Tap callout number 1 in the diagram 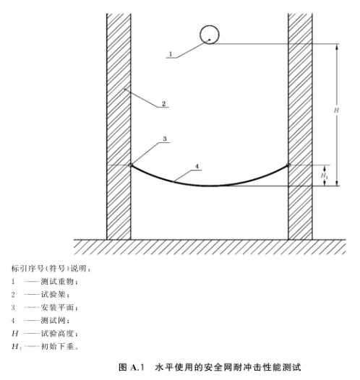click(171, 53)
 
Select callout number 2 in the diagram click(164, 104)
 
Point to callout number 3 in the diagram click(165, 139)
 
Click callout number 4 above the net click(197, 166)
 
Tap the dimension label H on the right click(336, 111)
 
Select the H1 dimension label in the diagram click(325, 176)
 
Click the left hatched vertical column click(119, 126)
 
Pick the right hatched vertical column click(300, 126)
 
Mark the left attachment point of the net click(131, 165)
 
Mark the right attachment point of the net click(288, 165)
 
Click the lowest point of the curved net click(209, 186)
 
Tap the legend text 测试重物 click(57, 282)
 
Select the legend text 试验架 click(53, 295)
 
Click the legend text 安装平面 click(57, 308)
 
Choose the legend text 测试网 click(53, 321)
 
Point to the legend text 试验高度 click(57, 334)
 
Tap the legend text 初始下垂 click(57, 347)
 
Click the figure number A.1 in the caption click(137, 368)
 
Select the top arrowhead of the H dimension click(336, 46)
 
